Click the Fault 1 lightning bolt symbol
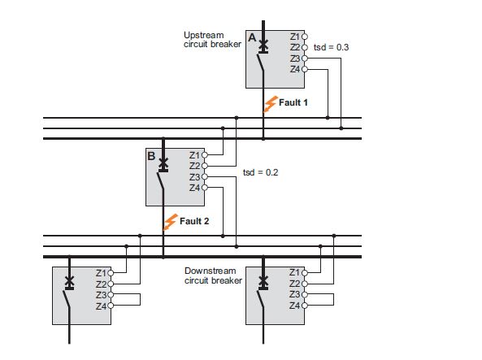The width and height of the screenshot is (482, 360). click(270, 104)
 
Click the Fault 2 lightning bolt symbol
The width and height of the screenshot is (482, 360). click(171, 222)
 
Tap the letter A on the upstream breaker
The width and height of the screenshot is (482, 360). click(252, 37)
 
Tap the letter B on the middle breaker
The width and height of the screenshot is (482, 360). click(151, 156)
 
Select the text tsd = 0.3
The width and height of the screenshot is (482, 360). click(331, 47)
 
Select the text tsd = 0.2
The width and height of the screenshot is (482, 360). click(260, 172)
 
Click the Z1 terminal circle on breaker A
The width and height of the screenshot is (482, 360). click(304, 37)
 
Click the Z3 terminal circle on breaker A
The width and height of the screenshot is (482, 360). click(304, 59)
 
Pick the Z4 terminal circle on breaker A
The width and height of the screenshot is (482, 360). click(304, 69)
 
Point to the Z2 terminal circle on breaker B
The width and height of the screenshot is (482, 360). click(204, 166)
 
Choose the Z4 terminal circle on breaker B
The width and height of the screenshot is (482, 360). click(204, 188)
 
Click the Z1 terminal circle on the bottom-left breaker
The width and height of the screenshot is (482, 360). click(111, 273)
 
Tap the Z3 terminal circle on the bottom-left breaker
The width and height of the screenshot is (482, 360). click(111, 295)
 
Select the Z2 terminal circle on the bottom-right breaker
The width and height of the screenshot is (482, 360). click(304, 284)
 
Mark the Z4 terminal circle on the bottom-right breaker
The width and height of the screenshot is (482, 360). click(304, 306)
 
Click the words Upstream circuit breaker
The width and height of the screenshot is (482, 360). click(212, 40)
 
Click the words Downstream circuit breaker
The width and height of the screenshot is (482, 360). click(213, 275)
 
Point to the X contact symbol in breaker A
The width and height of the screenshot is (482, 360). click(263, 46)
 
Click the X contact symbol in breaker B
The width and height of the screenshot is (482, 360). click(163, 163)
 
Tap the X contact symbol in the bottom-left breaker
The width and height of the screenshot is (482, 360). click(69, 280)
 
